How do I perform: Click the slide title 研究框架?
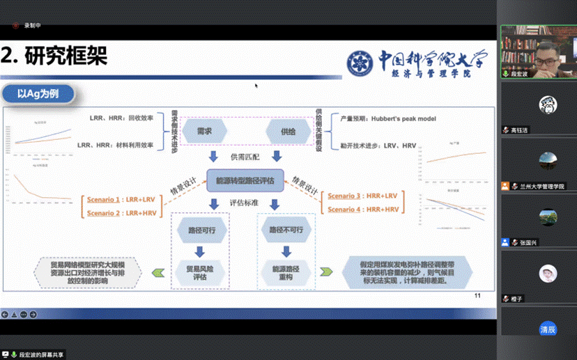pos(66,56)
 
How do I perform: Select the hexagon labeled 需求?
pos(204,130)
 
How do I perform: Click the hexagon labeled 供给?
pos(288,130)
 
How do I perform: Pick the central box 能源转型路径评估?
pos(245,180)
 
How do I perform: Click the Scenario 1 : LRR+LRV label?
pos(123,198)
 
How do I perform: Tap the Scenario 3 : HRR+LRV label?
pos(364,196)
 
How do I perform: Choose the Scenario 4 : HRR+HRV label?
pos(364,209)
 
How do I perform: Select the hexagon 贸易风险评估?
pos(199,271)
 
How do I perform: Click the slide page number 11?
pos(477,296)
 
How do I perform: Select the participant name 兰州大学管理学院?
pos(542,187)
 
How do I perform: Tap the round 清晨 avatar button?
pos(548,329)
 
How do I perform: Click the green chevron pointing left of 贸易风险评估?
pos(160,272)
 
